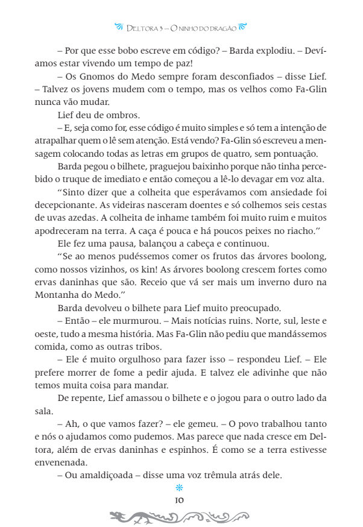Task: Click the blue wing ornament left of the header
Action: point(118,27)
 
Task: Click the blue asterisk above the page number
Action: point(178,488)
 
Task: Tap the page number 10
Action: point(178,500)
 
